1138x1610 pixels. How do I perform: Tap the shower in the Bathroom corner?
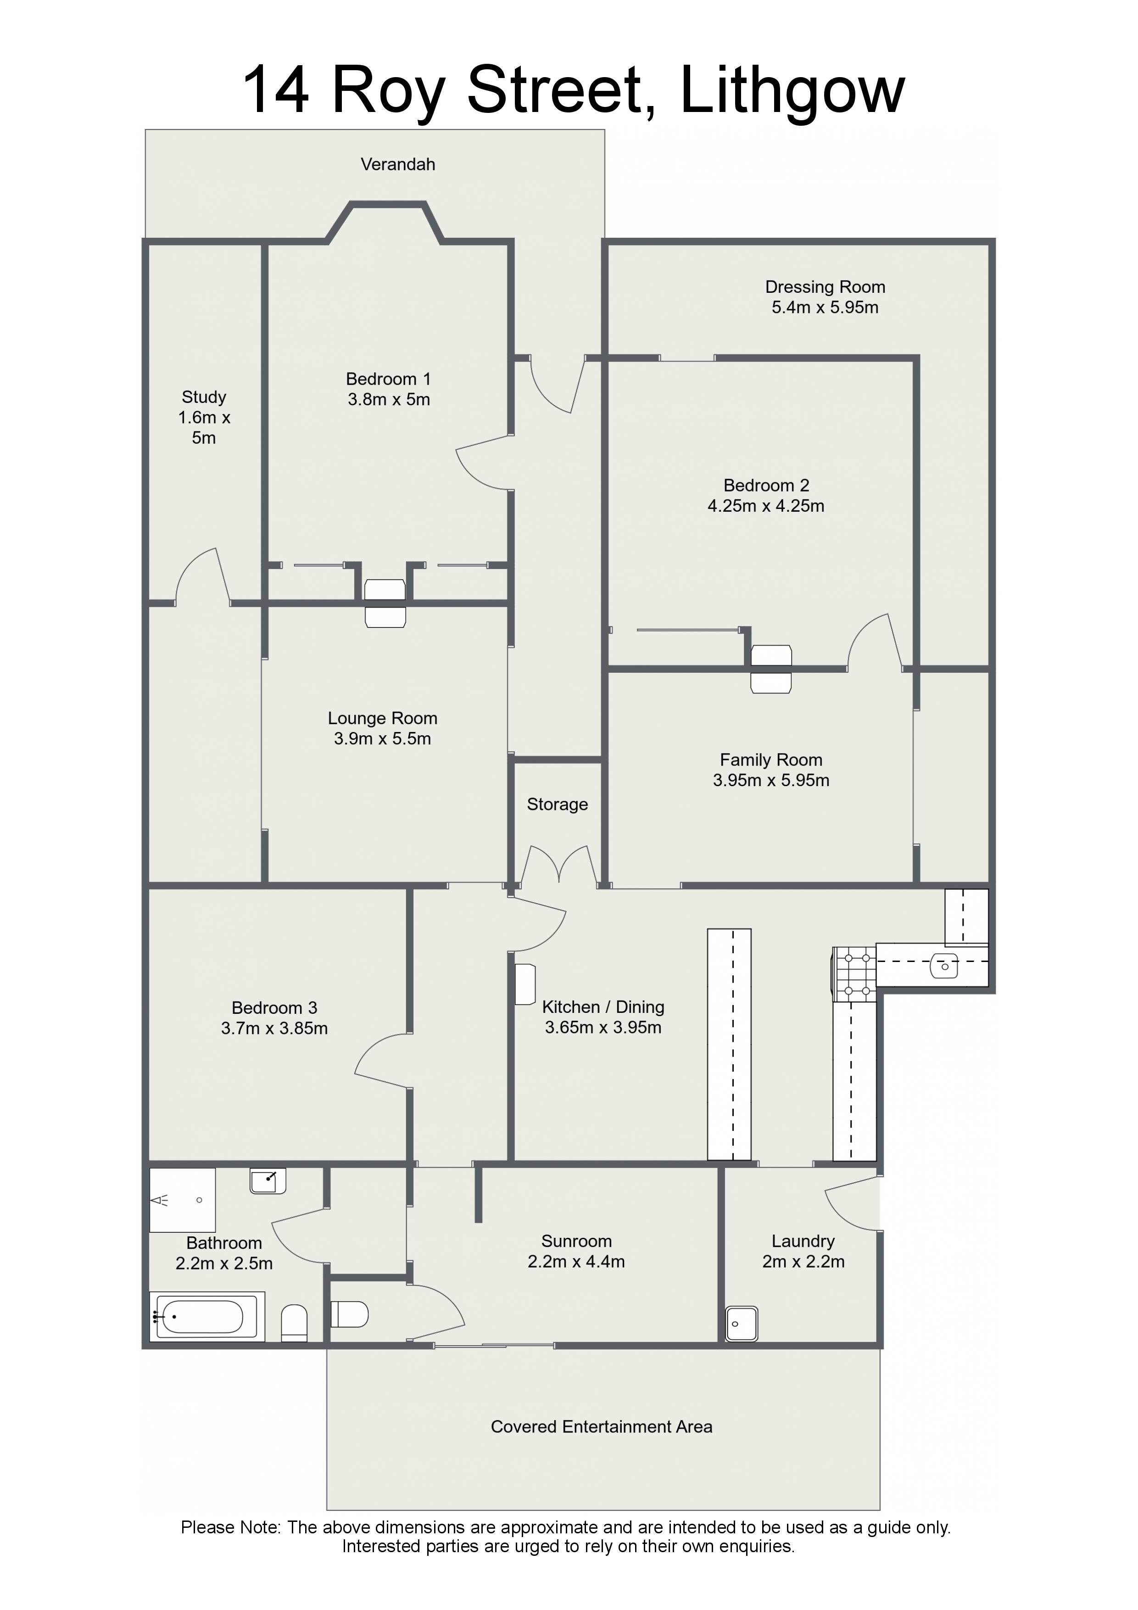click(x=182, y=1200)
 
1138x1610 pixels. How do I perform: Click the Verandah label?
click(x=397, y=164)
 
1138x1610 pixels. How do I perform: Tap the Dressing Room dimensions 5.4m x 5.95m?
click(x=825, y=307)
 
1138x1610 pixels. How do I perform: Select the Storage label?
click(x=558, y=804)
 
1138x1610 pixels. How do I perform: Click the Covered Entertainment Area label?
click(x=601, y=1426)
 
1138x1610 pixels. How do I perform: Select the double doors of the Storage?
click(x=559, y=865)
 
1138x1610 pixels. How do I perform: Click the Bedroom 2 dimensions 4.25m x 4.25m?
click(x=766, y=506)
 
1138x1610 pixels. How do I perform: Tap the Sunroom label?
click(x=576, y=1241)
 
